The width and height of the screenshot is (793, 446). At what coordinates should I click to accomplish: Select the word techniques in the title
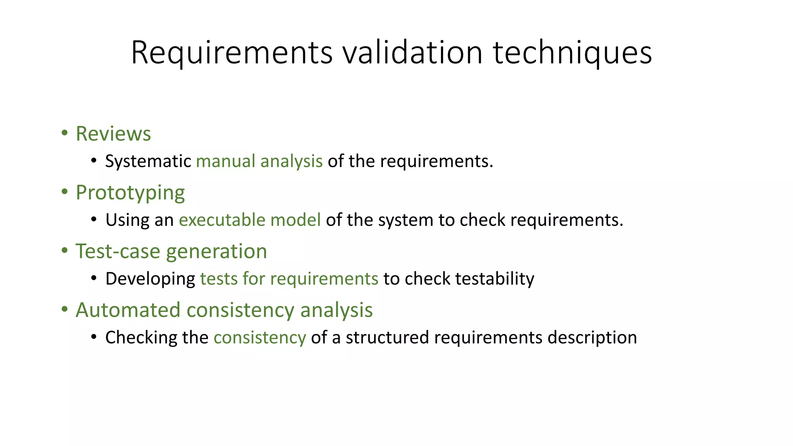(x=572, y=53)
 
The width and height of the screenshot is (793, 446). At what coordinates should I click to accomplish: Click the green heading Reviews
(x=113, y=134)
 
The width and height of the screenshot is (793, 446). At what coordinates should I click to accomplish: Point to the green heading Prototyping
(x=130, y=193)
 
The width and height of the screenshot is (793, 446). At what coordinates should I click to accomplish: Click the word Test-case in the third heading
(x=117, y=251)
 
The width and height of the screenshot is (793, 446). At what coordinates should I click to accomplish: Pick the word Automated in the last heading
(x=128, y=310)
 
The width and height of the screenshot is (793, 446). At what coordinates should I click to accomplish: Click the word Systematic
(x=148, y=161)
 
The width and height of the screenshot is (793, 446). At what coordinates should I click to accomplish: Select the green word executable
(x=222, y=220)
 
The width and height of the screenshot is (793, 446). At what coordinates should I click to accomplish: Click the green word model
(x=295, y=220)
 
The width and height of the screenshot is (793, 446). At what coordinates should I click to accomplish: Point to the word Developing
(x=150, y=279)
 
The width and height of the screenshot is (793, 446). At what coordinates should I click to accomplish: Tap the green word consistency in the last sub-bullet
(x=259, y=338)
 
